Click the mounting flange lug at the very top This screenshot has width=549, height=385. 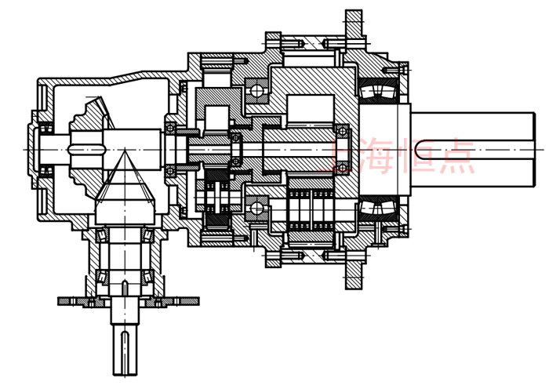pyautogui.click(x=354, y=24)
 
